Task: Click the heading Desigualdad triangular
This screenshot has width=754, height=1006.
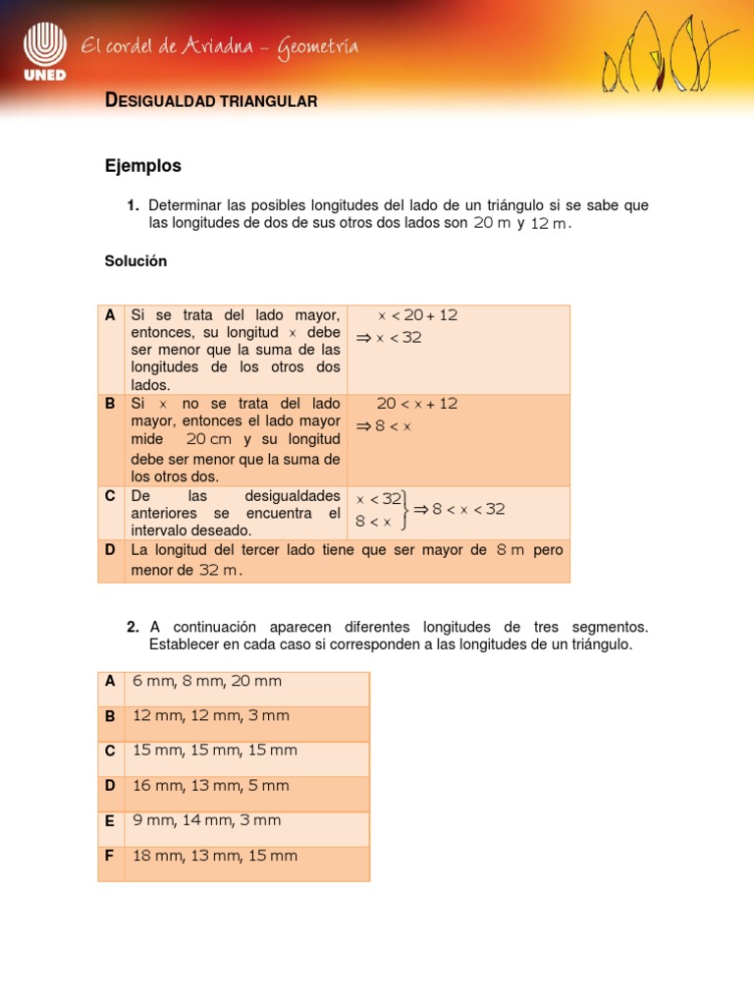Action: pyautogui.click(x=210, y=101)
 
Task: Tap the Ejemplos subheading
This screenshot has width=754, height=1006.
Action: pyautogui.click(x=142, y=166)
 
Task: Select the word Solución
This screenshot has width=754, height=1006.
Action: pyautogui.click(x=135, y=261)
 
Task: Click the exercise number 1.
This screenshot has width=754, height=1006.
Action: pyautogui.click(x=133, y=205)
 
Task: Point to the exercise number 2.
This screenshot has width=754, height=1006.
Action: pyautogui.click(x=133, y=627)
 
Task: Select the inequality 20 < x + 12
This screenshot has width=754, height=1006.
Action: pyautogui.click(x=417, y=404)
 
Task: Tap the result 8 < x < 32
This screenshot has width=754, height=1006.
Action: pyautogui.click(x=468, y=509)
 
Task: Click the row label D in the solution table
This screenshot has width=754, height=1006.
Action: pyautogui.click(x=110, y=550)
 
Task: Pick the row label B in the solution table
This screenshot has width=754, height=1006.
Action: pyautogui.click(x=110, y=404)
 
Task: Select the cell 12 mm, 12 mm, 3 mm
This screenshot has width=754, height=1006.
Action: pyautogui.click(x=211, y=715)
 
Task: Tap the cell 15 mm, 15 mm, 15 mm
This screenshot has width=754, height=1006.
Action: pyautogui.click(x=214, y=751)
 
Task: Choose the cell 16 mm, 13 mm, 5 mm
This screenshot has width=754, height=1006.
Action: pyautogui.click(x=211, y=786)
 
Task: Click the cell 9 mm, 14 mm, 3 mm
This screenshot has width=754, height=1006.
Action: pyautogui.click(x=207, y=820)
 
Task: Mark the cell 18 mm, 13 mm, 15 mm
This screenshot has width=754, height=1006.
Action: pyautogui.click(x=214, y=856)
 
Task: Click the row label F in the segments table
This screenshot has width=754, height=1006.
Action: pyautogui.click(x=110, y=856)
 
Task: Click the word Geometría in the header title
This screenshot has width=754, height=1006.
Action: pyautogui.click(x=317, y=46)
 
